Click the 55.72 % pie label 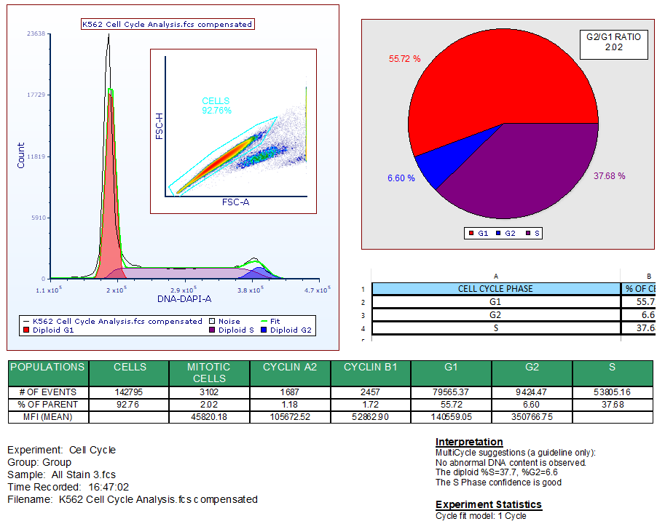pyautogui.click(x=404, y=58)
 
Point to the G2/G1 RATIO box pyautogui.click(x=605, y=43)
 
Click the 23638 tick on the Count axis pyautogui.click(x=36, y=33)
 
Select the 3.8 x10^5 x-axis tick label pyautogui.click(x=250, y=290)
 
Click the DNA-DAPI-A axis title pyautogui.click(x=184, y=299)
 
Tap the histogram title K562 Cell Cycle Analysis pyautogui.click(x=168, y=24)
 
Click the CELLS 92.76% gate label pyautogui.click(x=216, y=106)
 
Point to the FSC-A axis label pyautogui.click(x=235, y=202)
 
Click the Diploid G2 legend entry pyautogui.click(x=291, y=330)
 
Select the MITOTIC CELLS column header pyautogui.click(x=209, y=373)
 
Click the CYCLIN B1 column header pyautogui.click(x=370, y=368)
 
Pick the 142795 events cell pyautogui.click(x=129, y=392)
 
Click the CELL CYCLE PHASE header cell pyautogui.click(x=495, y=289)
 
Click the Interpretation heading pyautogui.click(x=469, y=442)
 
